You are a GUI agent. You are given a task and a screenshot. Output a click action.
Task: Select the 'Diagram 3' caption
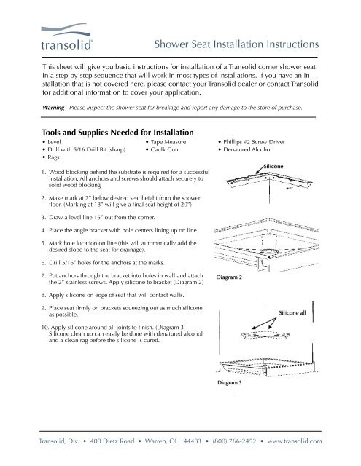coord(233,384)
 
